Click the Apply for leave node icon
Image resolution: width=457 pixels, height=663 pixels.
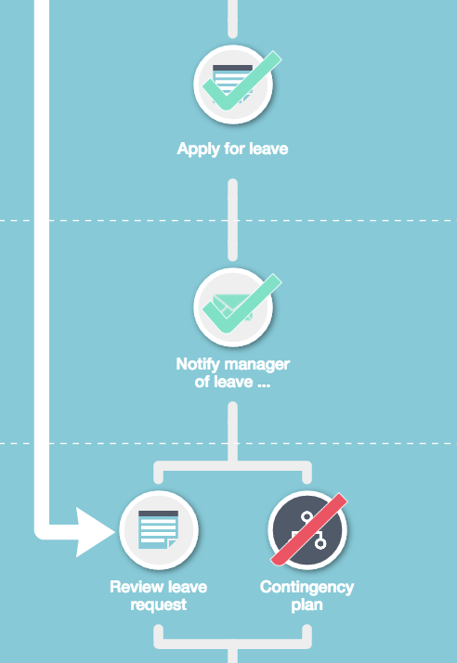(233, 84)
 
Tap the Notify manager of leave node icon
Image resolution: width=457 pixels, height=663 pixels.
(233, 307)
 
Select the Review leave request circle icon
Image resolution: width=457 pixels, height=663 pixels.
(159, 530)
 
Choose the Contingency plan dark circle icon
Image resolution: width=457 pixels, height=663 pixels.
(307, 530)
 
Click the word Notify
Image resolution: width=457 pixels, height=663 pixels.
(197, 364)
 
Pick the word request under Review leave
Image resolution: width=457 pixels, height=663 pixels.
(158, 605)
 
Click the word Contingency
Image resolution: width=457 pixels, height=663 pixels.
(307, 588)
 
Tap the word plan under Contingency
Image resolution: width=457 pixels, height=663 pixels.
(307, 605)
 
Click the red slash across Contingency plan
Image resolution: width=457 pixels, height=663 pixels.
(309, 529)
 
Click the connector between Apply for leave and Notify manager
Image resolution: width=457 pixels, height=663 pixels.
(232, 220)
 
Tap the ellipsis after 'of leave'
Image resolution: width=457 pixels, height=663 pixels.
(264, 384)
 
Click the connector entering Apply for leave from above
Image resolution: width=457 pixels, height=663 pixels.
(232, 19)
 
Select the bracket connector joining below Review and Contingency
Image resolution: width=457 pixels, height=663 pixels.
(232, 643)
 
